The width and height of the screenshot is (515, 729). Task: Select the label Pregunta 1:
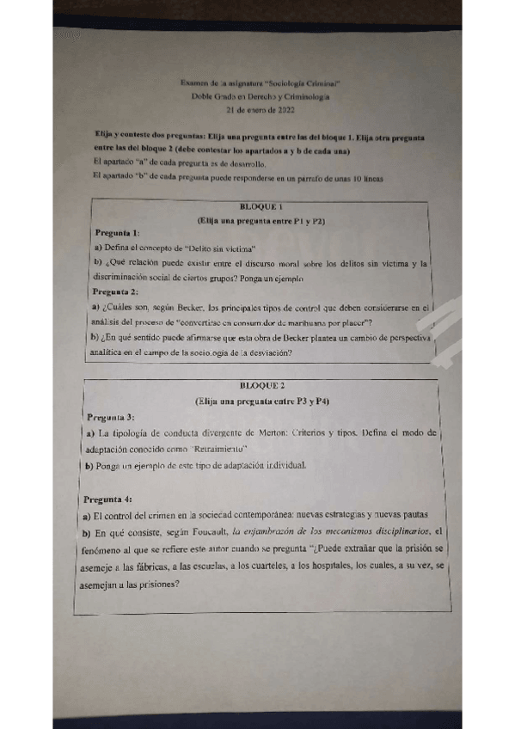tap(118, 234)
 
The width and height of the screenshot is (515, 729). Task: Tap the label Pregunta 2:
tap(116, 292)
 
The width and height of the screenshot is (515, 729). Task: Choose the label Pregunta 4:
tap(108, 499)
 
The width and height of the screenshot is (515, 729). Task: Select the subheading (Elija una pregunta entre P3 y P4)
tap(262, 401)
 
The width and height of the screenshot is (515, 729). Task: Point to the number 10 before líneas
tap(350, 178)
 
